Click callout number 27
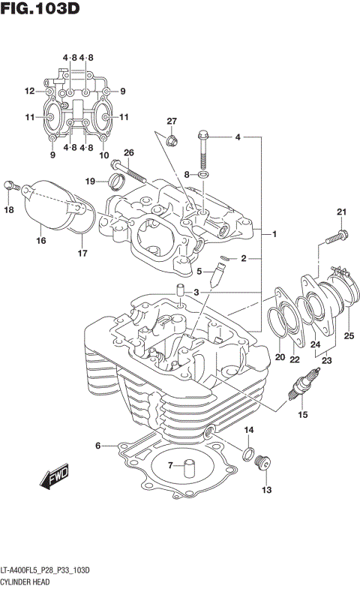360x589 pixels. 171,122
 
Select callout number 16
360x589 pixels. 40,240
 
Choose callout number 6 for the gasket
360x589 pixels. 97,446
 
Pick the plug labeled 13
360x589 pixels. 262,464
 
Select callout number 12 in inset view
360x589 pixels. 29,92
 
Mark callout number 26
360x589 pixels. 128,153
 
